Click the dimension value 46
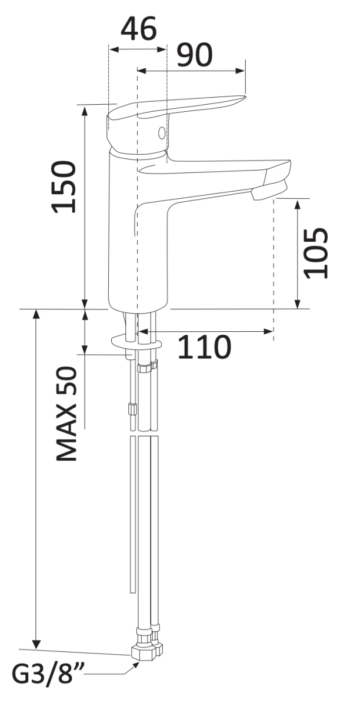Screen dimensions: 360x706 [x=139, y=28]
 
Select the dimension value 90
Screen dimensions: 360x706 [x=195, y=55]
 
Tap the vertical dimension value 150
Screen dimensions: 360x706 [x=65, y=187]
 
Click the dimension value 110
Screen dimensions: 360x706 [x=204, y=347]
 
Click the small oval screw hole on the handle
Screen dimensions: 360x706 [x=162, y=133]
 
